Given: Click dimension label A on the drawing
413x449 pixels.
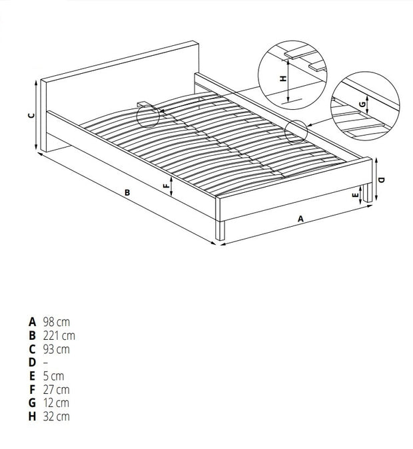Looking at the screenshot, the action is [x=300, y=219].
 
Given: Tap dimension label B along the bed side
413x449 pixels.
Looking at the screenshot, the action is [x=127, y=193].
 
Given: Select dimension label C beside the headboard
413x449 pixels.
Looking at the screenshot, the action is [x=31, y=116].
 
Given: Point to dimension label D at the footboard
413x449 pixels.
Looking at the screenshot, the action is [x=382, y=180].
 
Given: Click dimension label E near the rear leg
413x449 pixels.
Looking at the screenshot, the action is [x=355, y=195].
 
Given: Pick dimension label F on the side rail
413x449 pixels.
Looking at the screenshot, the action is [x=166, y=186].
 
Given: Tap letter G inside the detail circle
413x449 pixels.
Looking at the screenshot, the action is [x=362, y=104].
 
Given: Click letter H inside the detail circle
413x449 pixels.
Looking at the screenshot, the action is [x=283, y=78].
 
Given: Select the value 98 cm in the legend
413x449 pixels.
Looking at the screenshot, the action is [x=57, y=322].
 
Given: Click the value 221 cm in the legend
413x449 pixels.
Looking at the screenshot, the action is [x=59, y=335].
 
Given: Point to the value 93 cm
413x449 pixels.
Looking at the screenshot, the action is [x=57, y=349].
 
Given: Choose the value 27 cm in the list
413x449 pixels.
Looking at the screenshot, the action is [x=57, y=389].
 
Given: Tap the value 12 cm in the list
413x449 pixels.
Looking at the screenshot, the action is [x=56, y=403].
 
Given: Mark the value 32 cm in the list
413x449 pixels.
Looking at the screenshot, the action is [x=57, y=416].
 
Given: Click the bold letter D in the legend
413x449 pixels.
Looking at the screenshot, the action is [x=33, y=363].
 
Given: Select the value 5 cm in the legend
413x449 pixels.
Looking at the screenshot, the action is [x=54, y=376].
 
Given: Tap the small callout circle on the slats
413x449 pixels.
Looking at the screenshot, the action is [x=148, y=116].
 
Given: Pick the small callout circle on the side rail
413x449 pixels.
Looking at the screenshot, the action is [x=296, y=132].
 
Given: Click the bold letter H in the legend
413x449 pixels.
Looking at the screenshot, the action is [x=33, y=416].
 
